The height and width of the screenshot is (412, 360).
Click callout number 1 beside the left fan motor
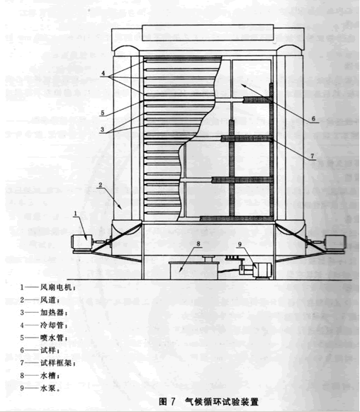[x=76, y=212]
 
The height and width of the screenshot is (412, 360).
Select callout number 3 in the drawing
[x=101, y=130]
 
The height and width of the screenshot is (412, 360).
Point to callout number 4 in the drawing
[x=102, y=74]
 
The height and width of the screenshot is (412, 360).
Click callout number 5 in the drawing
[x=101, y=113]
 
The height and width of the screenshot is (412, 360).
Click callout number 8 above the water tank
[x=198, y=243]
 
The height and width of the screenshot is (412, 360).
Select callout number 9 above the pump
[x=240, y=246]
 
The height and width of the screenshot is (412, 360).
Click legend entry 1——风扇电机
[x=54, y=288]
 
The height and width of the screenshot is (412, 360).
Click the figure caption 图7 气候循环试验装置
[x=209, y=401]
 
